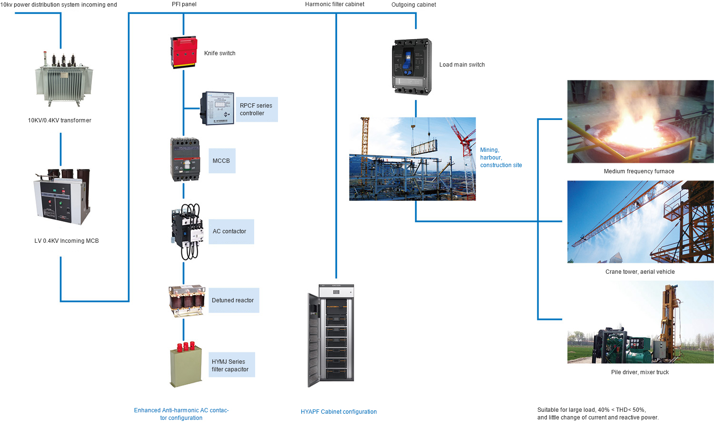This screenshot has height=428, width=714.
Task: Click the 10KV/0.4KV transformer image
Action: (x=63, y=79)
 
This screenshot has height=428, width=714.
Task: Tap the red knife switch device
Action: (x=184, y=52)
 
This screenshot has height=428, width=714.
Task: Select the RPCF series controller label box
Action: (x=257, y=109)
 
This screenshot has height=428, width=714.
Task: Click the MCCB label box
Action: (x=222, y=161)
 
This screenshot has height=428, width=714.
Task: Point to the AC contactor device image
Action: (x=186, y=231)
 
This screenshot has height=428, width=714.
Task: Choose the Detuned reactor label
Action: (x=234, y=300)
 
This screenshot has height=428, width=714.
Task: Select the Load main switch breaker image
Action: (x=412, y=67)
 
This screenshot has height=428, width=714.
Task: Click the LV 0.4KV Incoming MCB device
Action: (x=62, y=197)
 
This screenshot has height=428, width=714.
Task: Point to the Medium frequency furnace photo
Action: (x=640, y=121)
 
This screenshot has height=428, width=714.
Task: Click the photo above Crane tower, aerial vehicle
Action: (x=640, y=222)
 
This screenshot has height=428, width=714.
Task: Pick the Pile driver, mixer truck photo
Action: (x=640, y=322)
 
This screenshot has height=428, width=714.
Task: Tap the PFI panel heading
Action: (x=184, y=4)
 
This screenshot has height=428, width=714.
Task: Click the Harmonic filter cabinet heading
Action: (x=335, y=4)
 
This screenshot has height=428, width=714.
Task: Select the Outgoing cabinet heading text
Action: (x=414, y=5)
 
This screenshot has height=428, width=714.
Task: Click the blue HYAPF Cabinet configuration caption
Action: (x=338, y=412)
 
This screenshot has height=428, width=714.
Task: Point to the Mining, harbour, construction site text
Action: (x=501, y=158)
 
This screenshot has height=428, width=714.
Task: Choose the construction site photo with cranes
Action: (x=412, y=159)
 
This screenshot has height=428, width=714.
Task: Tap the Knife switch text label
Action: (x=220, y=53)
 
